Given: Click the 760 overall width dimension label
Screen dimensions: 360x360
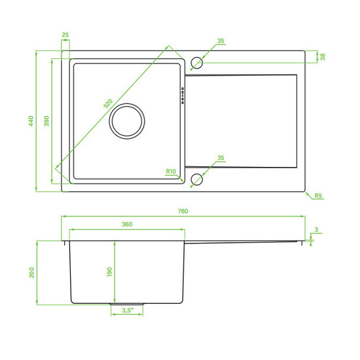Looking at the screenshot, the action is [x=183, y=211].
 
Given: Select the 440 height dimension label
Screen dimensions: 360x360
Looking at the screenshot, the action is [x=31, y=121].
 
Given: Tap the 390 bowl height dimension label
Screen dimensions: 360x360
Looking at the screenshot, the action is [x=46, y=121].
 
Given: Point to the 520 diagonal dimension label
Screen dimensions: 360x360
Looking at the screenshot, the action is [x=108, y=103].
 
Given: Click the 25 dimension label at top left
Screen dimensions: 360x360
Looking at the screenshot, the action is [x=65, y=35].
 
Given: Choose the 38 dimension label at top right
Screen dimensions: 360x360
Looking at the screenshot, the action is [x=323, y=57].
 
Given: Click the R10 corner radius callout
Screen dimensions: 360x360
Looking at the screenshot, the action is [x=171, y=171].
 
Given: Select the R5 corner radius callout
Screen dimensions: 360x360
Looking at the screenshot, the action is [x=318, y=196].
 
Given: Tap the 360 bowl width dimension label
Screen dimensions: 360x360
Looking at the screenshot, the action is [x=127, y=224].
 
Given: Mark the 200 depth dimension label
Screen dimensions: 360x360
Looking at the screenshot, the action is [x=31, y=272].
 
